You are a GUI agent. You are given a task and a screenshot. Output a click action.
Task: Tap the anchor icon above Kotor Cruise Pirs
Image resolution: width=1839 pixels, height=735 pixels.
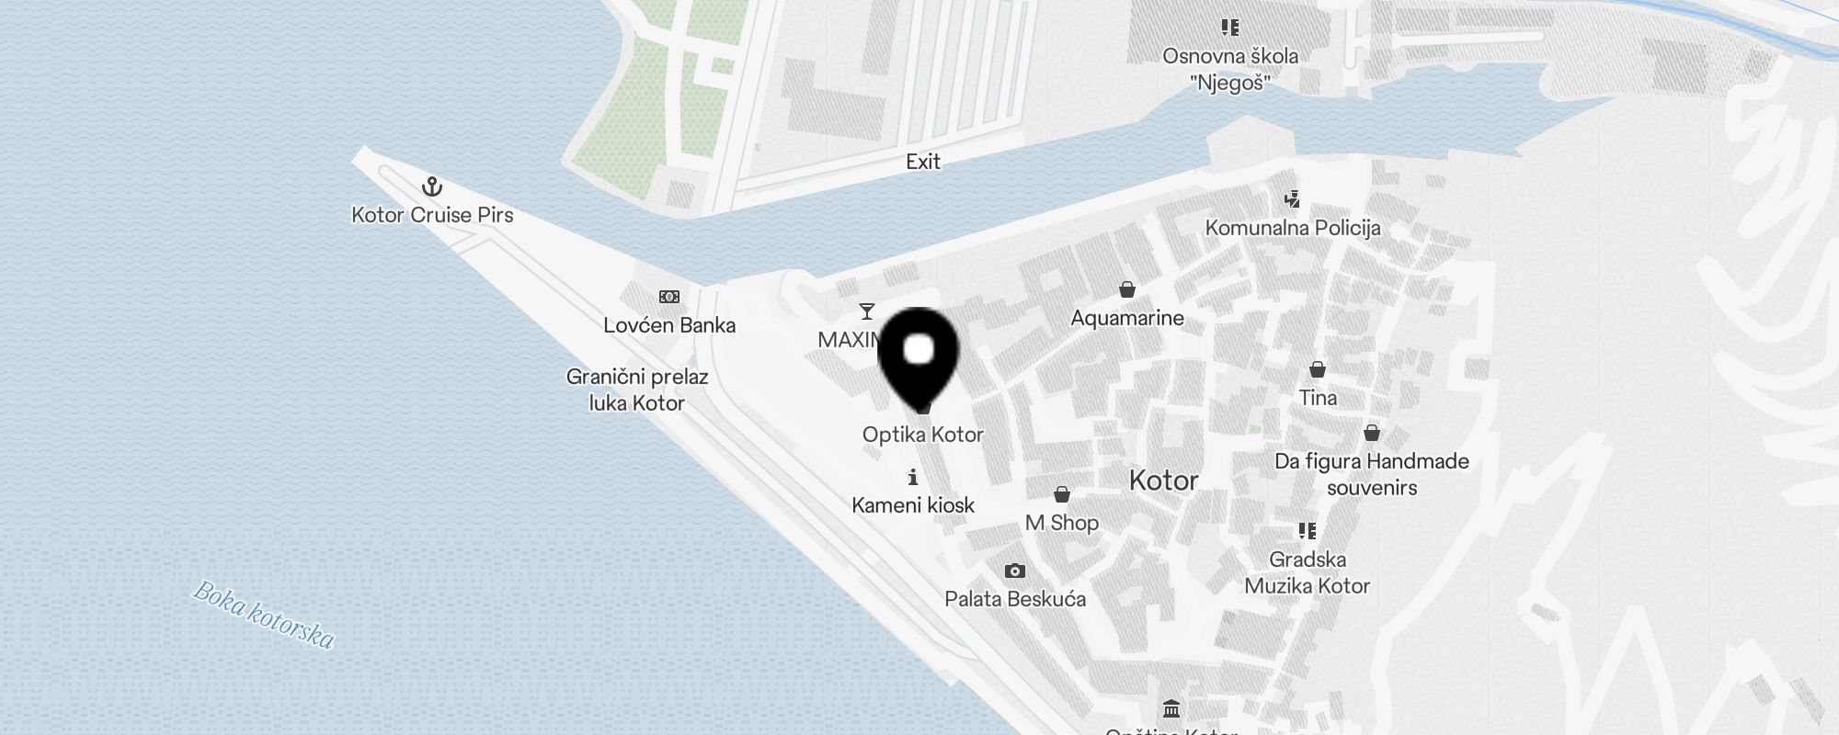click(432, 187)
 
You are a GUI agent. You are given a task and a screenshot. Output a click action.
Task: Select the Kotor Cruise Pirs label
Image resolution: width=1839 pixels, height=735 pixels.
click(432, 215)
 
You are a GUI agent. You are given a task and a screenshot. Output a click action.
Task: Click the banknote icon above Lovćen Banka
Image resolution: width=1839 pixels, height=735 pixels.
click(669, 297)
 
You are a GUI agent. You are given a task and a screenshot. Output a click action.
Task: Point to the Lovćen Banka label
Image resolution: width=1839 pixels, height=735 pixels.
click(669, 325)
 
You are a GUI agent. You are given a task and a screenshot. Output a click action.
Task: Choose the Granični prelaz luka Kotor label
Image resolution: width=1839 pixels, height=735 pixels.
click(637, 390)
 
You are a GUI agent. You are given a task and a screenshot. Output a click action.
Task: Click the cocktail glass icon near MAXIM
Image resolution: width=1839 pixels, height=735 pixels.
click(866, 311)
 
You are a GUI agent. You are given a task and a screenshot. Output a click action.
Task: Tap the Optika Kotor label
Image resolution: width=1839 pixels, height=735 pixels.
click(923, 435)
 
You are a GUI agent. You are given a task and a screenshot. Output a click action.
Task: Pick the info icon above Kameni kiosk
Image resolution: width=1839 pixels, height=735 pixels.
click(913, 477)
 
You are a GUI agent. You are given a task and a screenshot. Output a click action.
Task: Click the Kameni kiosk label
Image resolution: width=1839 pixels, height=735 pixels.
click(913, 505)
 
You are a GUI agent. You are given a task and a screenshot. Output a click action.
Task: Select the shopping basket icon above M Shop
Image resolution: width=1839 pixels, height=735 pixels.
click(1062, 495)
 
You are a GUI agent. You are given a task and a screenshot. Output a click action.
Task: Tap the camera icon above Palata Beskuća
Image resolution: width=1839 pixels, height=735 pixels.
click(1015, 571)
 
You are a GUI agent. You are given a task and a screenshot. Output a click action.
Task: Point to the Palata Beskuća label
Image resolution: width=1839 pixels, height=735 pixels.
click(1015, 599)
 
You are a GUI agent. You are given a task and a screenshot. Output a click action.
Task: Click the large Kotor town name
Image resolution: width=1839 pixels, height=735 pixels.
click(1164, 481)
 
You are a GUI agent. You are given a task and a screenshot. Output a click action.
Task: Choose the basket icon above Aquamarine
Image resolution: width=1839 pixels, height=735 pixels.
click(1127, 290)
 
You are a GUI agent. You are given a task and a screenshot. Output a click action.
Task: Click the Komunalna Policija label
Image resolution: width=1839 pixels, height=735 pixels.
click(1293, 228)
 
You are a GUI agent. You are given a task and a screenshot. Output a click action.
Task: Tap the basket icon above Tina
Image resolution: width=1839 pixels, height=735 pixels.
click(1318, 369)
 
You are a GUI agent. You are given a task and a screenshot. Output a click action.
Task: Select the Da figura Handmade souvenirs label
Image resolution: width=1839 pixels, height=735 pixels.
click(1372, 474)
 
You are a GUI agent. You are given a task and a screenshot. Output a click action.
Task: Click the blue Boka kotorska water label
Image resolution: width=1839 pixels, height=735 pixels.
click(263, 615)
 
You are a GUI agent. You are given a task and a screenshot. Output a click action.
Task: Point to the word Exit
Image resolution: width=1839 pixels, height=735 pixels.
click(923, 162)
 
